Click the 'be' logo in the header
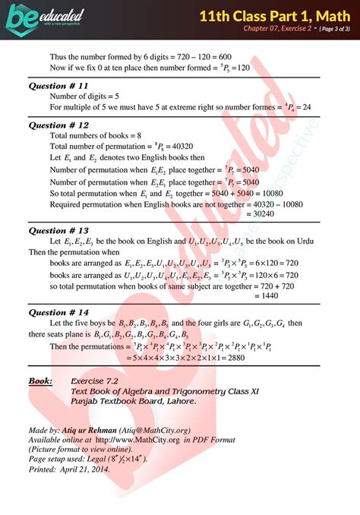23,16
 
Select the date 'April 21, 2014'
85,469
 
